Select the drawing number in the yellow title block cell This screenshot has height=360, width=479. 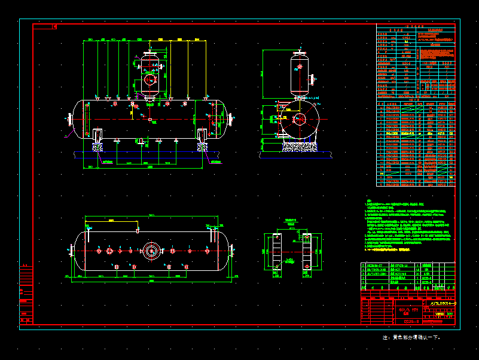(443, 304)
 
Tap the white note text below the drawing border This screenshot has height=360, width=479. (411, 337)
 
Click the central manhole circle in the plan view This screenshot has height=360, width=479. (151, 250)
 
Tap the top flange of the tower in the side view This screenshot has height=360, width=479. (300, 53)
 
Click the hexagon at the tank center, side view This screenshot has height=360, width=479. (299, 119)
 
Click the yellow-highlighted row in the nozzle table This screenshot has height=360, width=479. (414, 133)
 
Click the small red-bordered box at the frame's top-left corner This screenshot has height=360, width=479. (54, 26)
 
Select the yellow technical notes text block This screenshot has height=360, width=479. (407, 227)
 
